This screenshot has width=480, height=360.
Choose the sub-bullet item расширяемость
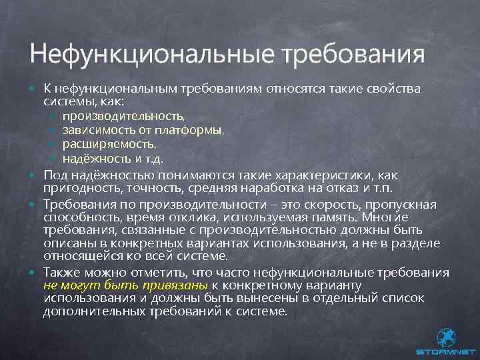pyautogui.click(x=109, y=145)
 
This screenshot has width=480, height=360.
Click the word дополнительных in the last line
pyautogui.click(x=92, y=311)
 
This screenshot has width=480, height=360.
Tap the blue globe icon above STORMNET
pyautogui.click(x=445, y=336)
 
